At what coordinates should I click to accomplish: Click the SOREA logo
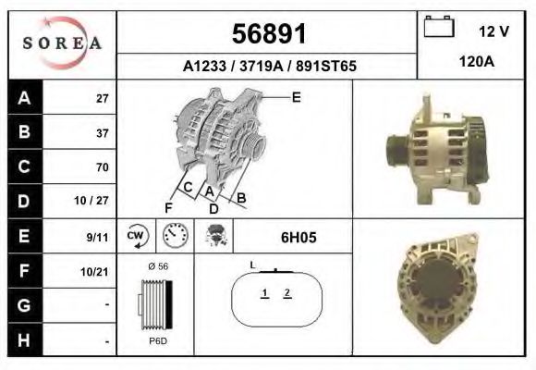click(x=62, y=43)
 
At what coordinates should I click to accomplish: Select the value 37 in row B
click(x=102, y=132)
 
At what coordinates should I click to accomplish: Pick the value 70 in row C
click(x=102, y=167)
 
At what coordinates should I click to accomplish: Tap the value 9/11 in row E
click(x=97, y=237)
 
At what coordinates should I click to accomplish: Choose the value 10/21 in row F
click(x=95, y=271)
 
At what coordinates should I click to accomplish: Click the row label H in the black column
click(x=23, y=339)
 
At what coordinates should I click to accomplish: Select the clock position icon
click(x=176, y=236)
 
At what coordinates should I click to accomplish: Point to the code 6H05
click(x=298, y=237)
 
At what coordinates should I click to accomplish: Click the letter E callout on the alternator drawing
click(x=296, y=97)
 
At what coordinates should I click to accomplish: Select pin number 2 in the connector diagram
click(x=287, y=293)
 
